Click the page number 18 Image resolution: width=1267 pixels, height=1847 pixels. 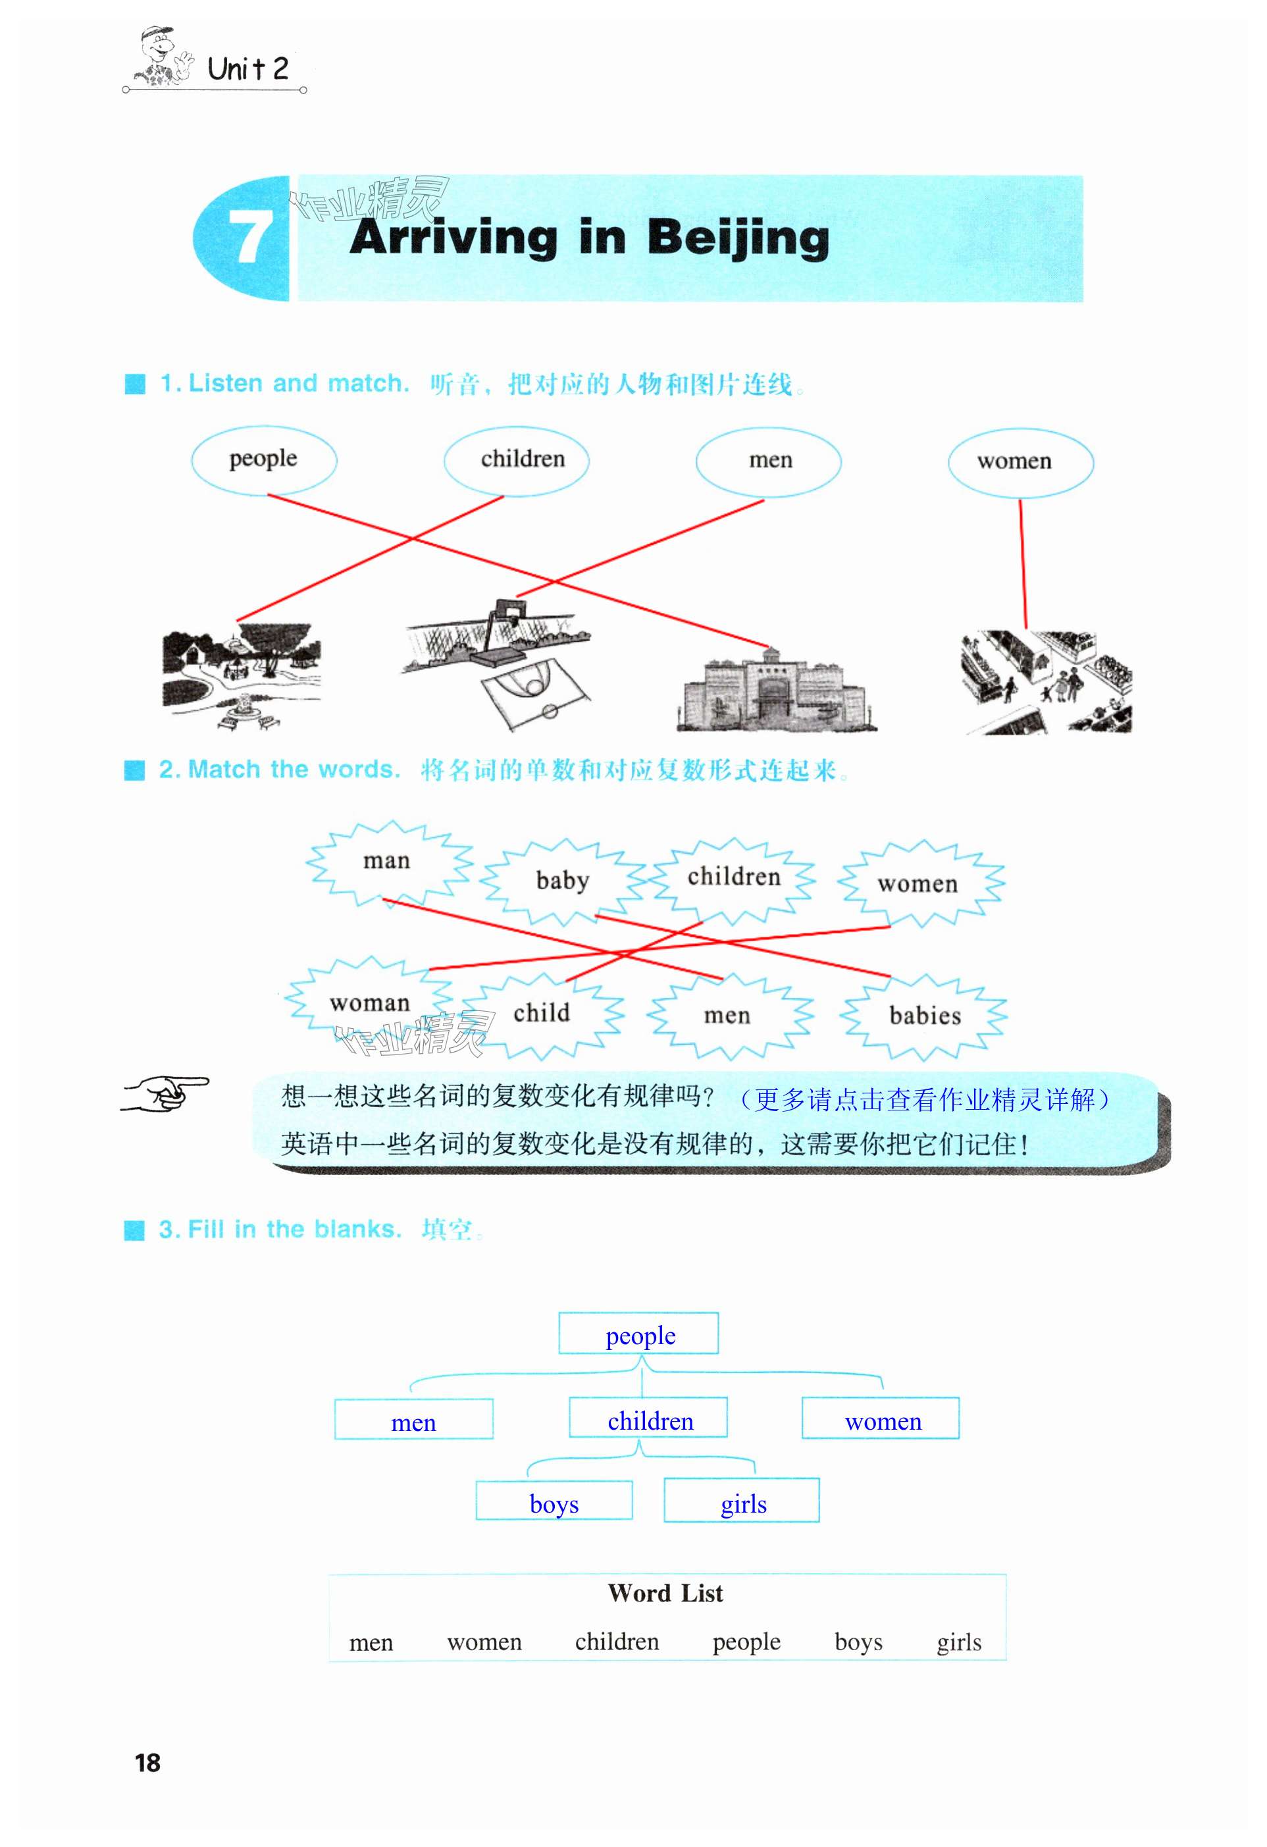(148, 1763)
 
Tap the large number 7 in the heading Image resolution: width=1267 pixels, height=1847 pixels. (249, 237)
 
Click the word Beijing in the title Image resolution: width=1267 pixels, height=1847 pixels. (738, 238)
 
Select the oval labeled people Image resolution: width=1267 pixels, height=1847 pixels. (264, 460)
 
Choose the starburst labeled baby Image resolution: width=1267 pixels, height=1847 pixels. (563, 881)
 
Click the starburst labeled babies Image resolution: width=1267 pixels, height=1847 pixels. (925, 1016)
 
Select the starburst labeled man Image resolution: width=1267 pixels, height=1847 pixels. (387, 862)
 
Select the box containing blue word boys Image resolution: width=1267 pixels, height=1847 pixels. (554, 1501)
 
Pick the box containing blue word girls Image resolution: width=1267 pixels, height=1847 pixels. (742, 1501)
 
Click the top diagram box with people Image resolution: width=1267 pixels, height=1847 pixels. (639, 1334)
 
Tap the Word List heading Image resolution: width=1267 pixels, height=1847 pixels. (665, 1593)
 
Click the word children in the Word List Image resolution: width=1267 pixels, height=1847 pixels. (617, 1642)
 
